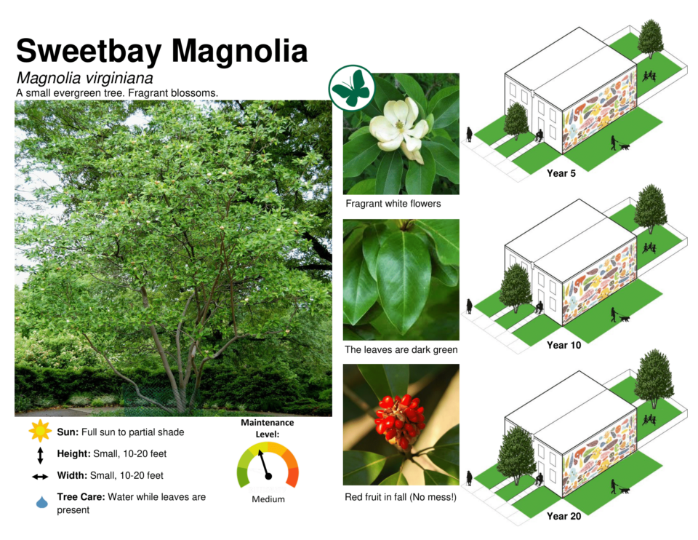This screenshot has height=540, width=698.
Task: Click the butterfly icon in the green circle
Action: coord(352,88)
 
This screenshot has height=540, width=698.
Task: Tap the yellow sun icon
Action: coord(40,430)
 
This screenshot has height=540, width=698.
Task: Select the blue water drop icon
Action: coord(42,502)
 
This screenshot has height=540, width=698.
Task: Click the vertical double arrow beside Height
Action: coord(40,456)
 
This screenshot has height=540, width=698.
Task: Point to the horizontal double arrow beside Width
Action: coord(40,477)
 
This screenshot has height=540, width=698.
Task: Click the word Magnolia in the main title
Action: coord(239,51)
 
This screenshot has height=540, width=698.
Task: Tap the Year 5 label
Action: coord(561,173)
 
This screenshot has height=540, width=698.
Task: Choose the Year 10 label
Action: coord(563,345)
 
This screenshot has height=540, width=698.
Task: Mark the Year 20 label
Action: coord(563,516)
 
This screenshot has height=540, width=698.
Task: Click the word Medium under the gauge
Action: coord(268,499)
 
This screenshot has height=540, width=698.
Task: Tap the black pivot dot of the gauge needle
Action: coord(268,476)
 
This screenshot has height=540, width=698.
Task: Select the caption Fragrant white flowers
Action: coord(393,204)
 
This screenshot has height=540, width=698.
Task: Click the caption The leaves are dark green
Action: coord(401,350)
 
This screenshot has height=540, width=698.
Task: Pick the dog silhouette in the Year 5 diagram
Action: coord(625,146)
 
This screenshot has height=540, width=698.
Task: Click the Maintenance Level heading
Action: coord(267,428)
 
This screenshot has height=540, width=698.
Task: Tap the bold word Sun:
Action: coord(68,432)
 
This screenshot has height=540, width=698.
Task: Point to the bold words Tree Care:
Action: coord(81,497)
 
